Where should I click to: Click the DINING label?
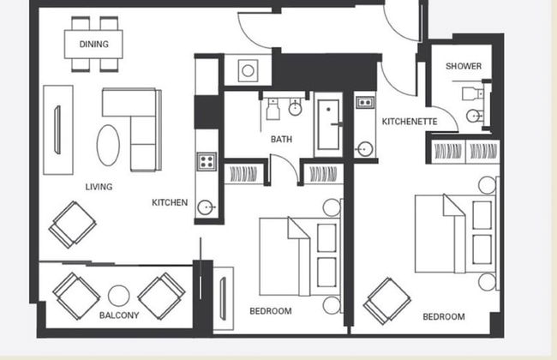pos(93,44)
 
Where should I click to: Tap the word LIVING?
pos(99,186)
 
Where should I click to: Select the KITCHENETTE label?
pos(409,122)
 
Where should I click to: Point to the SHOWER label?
pos(463,66)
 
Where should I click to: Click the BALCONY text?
pos(119,315)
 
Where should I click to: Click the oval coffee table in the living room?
pos(109,145)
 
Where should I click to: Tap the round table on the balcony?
pos(119,296)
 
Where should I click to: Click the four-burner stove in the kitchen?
pos(207,160)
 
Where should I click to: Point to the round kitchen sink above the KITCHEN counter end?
pos(206,207)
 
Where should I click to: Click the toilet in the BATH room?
pos(273,109)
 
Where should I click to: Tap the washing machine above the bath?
pos(248,69)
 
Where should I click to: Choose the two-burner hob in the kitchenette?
pos(364,102)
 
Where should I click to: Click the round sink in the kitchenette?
pos(364,148)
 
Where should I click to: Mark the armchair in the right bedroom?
pos(386,300)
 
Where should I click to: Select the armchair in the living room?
pos(72,224)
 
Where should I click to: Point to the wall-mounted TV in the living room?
pos(57,129)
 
